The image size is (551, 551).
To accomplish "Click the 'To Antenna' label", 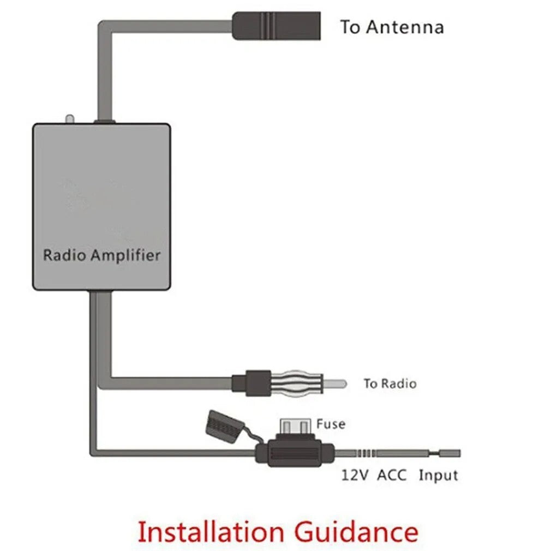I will tap(392, 27).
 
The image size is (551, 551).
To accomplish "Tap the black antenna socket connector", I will tap(276, 26).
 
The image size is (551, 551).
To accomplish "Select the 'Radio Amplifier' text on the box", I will tap(101, 255).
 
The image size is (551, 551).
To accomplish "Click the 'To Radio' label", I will tap(390, 384).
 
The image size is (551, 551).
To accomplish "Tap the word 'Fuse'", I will tap(331, 423).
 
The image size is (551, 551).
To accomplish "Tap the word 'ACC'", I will tap(392, 475).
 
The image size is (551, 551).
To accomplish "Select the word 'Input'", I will tap(438, 475).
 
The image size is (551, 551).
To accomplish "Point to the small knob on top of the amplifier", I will tap(69, 118).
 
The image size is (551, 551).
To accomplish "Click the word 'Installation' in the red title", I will tap(209, 532).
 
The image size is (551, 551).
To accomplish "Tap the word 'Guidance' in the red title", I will tap(357, 532).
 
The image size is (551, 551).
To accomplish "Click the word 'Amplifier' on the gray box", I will tap(125, 255).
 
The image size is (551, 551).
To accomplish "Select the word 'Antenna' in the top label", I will tap(404, 27).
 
